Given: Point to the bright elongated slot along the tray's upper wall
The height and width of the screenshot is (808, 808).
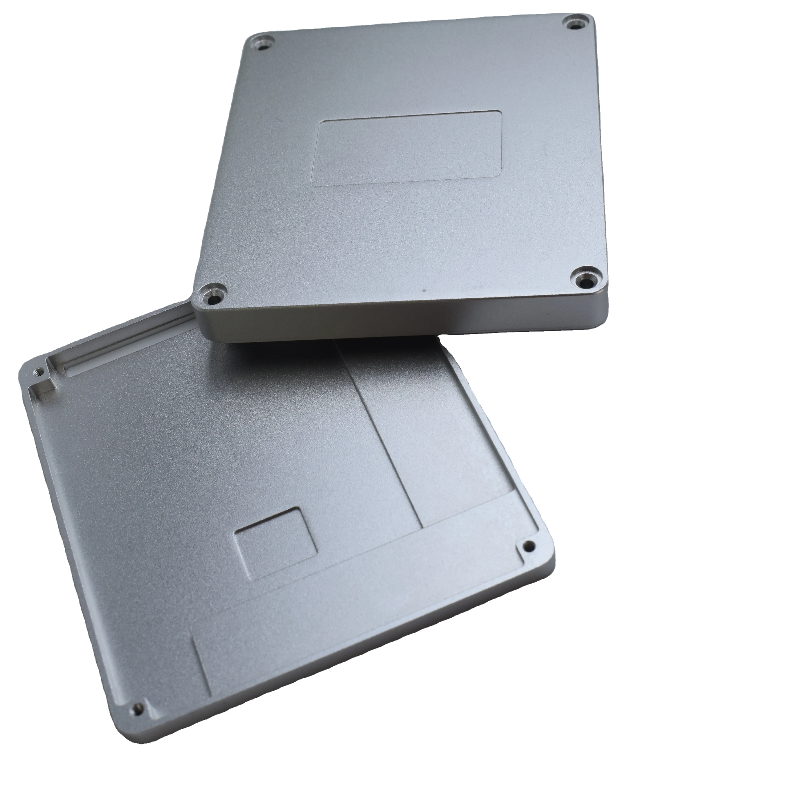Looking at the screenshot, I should [125, 348].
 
